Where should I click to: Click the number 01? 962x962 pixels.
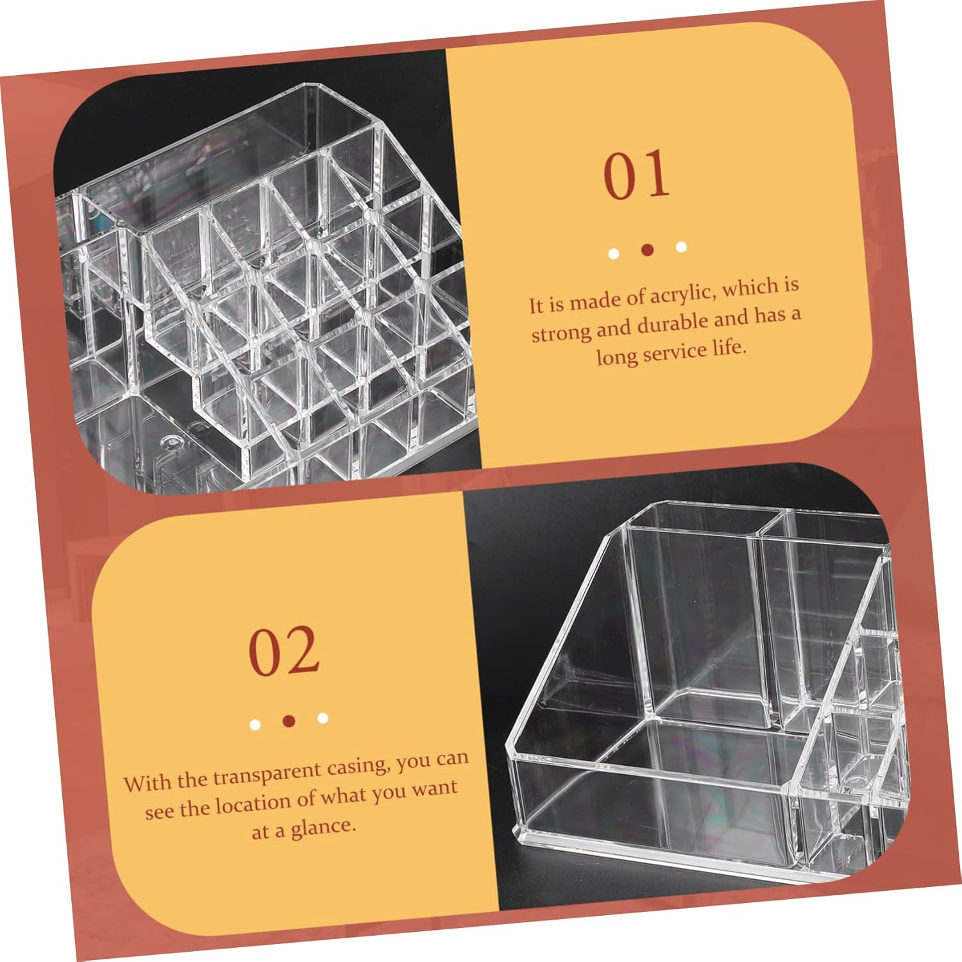637,174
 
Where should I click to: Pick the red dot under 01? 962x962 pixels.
647,249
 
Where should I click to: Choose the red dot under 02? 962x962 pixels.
289,721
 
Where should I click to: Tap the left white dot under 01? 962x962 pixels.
614,253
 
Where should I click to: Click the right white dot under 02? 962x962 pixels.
323,718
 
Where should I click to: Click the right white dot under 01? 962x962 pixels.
681,246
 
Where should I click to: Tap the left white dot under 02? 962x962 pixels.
255,725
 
